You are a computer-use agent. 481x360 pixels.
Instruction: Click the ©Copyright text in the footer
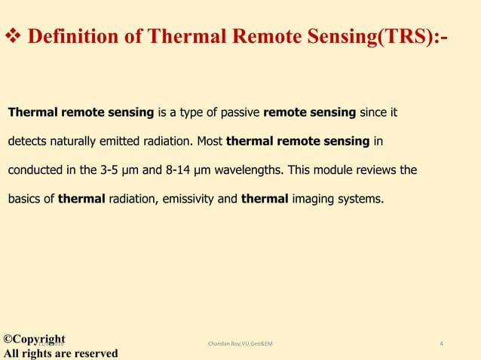point(35,339)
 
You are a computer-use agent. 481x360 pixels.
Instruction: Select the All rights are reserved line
point(60,353)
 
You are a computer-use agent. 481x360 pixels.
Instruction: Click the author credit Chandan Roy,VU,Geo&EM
point(240,344)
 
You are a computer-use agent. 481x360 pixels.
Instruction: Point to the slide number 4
point(441,344)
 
